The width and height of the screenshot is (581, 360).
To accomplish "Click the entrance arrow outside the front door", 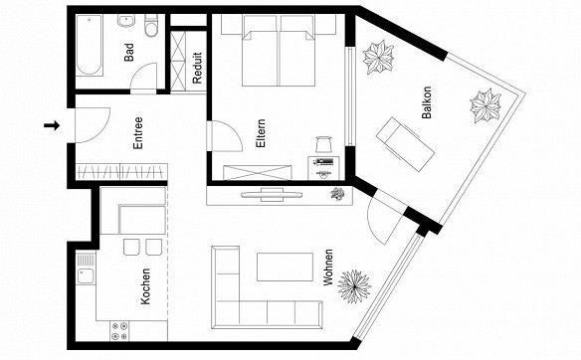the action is point(52,125).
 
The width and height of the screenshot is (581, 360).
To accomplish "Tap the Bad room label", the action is point(129,53).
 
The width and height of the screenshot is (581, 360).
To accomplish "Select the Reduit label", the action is point(197,68).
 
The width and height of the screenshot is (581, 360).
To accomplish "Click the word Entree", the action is point(138,133).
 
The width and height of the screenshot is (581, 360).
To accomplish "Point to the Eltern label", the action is point(261,133).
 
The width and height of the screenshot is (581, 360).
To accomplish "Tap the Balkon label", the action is point(427,102).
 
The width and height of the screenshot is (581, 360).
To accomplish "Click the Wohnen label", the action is point(328,268).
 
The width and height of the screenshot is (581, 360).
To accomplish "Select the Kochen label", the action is point(145,286).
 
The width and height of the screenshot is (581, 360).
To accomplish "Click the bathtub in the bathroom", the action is point(89,45).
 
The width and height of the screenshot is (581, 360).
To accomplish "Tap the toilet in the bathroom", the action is point(151,26).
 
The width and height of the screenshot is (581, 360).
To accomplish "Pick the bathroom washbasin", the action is point(126,20).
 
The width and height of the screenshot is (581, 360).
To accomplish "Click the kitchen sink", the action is point(86,276).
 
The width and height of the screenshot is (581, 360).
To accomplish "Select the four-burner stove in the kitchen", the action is point(120,331).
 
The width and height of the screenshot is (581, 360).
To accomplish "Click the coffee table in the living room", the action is point(285,268).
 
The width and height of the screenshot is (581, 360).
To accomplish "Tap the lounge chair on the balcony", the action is point(405,144).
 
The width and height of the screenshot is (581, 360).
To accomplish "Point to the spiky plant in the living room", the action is point(354,286).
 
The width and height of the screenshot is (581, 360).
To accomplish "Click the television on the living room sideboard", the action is point(272,195).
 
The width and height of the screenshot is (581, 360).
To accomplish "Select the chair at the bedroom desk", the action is point(323,144).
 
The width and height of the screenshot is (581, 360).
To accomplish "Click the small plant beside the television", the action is point(337,194).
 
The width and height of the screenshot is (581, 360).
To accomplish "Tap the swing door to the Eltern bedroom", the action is point(224,135).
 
